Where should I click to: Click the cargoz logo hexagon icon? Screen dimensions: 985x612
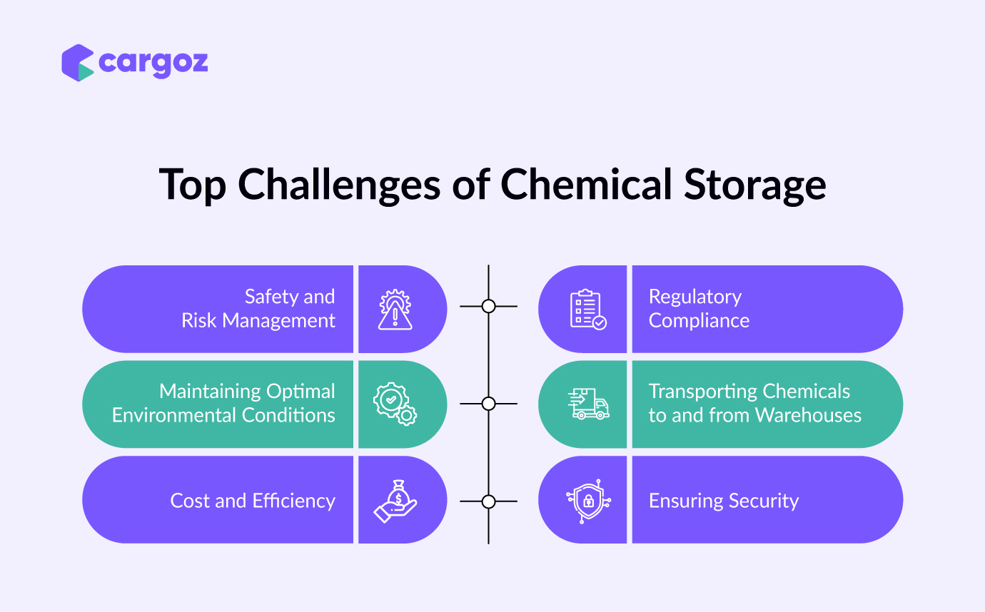pos(78,63)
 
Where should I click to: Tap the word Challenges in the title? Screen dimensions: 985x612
pos(339,185)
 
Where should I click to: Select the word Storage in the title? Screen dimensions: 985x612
pos(755,185)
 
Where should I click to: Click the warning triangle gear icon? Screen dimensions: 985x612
pos(395,310)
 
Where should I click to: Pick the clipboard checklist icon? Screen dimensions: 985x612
pos(588,310)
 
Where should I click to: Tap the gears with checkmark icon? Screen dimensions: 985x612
pos(395,404)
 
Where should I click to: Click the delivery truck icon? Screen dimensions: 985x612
pos(588,404)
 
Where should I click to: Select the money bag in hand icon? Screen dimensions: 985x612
pos(395,501)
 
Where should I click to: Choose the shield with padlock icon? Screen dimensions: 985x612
pos(588,501)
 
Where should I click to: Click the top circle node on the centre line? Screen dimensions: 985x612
pos(488,306)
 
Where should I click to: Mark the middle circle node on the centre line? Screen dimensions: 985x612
pos(488,404)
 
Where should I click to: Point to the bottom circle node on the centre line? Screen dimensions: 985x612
pos(488,501)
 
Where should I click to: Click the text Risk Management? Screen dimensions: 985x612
pos(258,321)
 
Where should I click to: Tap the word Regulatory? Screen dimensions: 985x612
pos(695,297)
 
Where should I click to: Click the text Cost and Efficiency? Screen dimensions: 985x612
pos(253,501)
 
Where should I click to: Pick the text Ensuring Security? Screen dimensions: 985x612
pos(724,501)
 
